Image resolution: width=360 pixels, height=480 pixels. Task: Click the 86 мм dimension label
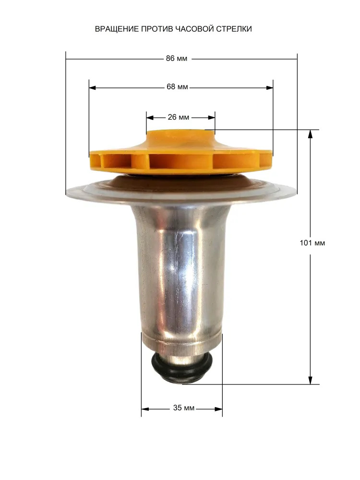click(x=176, y=59)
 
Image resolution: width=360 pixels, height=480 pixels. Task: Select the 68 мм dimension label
click(x=177, y=87)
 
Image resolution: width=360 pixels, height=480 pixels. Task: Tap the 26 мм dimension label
click(x=179, y=117)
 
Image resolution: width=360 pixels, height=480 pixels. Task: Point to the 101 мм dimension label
click(x=312, y=243)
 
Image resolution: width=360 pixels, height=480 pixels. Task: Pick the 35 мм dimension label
click(x=184, y=408)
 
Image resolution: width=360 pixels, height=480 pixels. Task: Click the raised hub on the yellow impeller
click(x=180, y=136)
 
